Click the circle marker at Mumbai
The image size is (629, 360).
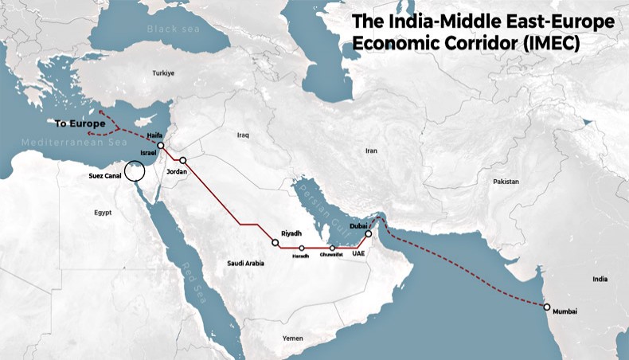coord(546,307)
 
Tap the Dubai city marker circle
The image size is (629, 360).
coord(368,234)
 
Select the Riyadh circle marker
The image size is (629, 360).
coord(275,242)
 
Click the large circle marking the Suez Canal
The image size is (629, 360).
coord(135,171)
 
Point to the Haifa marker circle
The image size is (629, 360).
coord(161,146)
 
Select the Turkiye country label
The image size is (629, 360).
coord(163,73)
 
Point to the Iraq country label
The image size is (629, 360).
coord(243,135)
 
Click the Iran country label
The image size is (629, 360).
coord(370,150)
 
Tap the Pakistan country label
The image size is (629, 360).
coord(506,182)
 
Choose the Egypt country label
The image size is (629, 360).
coord(103,213)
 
